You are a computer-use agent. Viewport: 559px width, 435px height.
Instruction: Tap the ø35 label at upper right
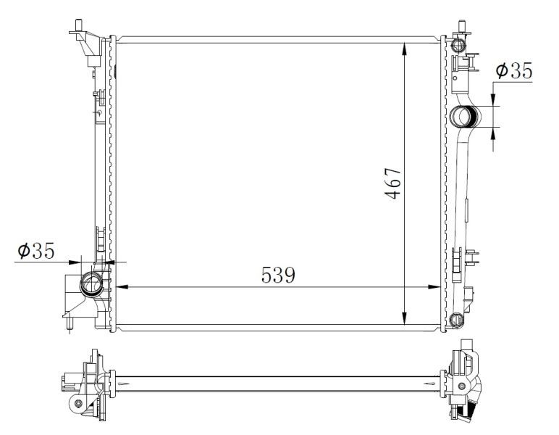513,71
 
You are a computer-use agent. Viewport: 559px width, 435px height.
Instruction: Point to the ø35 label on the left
36,251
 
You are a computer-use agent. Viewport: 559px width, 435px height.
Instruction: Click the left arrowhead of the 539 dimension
122,287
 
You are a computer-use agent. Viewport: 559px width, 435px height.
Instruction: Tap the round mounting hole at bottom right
455,320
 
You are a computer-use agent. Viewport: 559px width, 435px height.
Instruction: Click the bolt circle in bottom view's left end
77,402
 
